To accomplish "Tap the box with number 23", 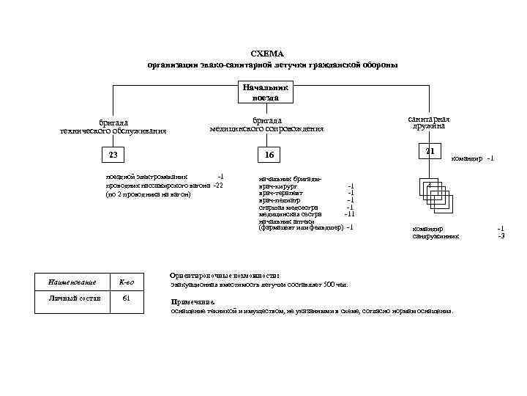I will (x=113, y=154).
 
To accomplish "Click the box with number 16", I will (x=269, y=155).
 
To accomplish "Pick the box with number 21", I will (x=430, y=150).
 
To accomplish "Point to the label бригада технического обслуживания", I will (x=113, y=126).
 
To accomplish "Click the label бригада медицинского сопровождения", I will (x=266, y=124).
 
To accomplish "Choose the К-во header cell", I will (x=127, y=282).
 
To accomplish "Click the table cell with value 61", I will (x=127, y=298).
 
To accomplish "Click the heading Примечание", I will (x=193, y=301).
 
